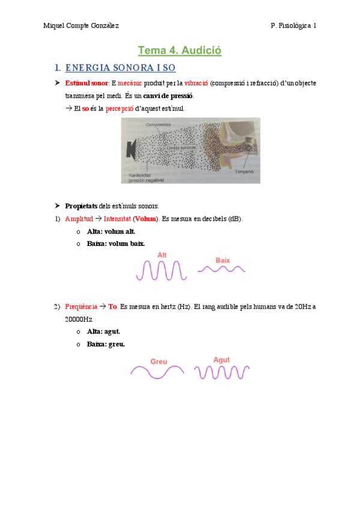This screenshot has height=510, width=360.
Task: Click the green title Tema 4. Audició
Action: tap(180, 51)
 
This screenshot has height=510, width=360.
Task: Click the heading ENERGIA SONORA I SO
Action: tap(120, 68)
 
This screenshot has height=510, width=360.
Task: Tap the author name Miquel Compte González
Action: tap(81, 25)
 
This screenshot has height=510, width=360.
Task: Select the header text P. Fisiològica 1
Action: tap(293, 25)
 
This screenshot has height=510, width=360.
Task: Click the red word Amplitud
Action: tap(79, 219)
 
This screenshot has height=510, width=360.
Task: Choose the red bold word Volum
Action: tap(144, 219)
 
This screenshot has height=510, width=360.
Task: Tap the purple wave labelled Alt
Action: tap(161, 270)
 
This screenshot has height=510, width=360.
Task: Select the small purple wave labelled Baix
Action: tap(222, 270)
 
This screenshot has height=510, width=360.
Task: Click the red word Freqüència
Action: tap(81, 306)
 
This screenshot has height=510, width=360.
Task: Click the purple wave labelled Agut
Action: tap(222, 373)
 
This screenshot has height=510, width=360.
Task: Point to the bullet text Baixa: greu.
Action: tap(106, 344)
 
